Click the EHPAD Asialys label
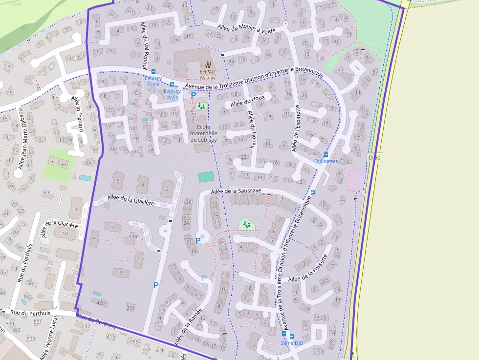point(207,74)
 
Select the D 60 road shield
point(375,157)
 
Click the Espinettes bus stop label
point(326,161)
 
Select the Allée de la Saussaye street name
point(236,191)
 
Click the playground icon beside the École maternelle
point(201,106)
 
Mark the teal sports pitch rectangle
point(206,177)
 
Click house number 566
point(46,192)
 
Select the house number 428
point(101,303)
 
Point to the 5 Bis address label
point(134,236)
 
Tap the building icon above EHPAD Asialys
point(208,64)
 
